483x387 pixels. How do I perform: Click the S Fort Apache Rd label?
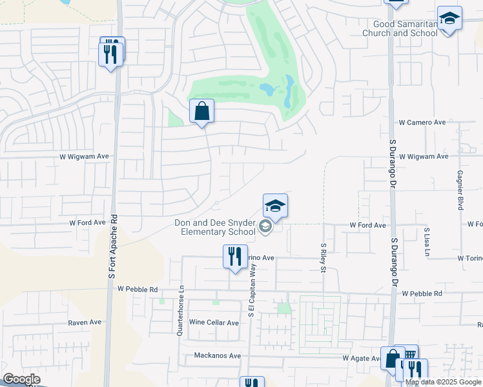[113, 246]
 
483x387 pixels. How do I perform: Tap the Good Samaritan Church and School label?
[400, 28]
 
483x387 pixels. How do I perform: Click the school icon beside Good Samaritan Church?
[449, 19]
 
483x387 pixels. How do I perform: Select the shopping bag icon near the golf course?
[202, 111]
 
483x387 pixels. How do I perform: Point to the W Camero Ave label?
[423, 122]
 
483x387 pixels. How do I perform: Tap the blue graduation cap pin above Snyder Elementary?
[275, 206]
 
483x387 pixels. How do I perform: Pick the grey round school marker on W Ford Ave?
[265, 226]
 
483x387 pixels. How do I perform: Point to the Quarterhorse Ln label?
[181, 310]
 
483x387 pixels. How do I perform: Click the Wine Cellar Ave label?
[214, 322]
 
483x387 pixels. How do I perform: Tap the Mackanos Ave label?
[217, 355]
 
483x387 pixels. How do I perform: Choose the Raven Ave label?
[85, 322]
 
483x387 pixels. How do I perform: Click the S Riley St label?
[323, 257]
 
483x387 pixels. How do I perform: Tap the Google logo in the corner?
[21, 379]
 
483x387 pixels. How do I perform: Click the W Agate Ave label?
[360, 358]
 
